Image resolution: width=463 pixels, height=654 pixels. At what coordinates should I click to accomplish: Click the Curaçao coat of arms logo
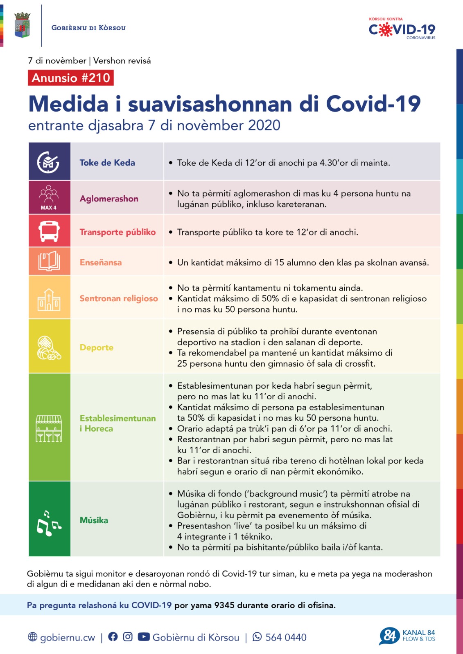[22, 25]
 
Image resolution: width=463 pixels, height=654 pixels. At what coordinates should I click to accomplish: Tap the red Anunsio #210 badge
[71, 78]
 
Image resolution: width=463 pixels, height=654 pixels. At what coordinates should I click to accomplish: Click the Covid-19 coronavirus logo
[402, 29]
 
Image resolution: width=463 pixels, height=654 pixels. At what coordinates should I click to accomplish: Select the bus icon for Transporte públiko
[49, 231]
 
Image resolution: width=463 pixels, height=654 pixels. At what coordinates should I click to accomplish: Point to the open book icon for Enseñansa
[49, 262]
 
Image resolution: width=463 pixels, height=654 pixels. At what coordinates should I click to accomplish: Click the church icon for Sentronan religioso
[49, 300]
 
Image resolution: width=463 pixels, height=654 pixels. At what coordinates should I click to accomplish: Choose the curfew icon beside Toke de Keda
[48, 162]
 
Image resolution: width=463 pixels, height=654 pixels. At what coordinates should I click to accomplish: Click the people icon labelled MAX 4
[49, 197]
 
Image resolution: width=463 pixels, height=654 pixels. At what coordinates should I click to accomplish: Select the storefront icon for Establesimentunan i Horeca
[49, 428]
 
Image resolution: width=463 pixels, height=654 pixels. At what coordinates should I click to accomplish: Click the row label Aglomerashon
[109, 199]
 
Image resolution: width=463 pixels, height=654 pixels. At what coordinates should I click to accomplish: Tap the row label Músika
[94, 520]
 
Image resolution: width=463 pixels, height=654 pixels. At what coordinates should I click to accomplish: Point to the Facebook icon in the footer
[113, 637]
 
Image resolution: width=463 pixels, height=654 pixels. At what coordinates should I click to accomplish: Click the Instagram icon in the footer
[128, 637]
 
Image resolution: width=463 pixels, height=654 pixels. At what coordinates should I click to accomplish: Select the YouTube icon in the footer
[143, 637]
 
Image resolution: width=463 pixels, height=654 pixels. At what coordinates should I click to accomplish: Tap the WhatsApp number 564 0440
[285, 637]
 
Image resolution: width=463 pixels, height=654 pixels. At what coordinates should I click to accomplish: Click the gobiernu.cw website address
[67, 637]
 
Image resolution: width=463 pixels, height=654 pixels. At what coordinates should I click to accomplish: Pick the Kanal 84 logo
[407, 636]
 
